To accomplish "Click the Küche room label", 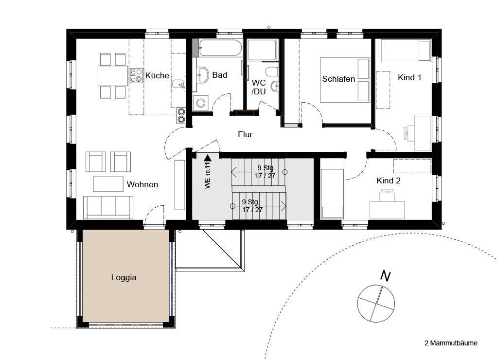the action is pos(157,75).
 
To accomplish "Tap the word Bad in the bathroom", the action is pos(220,75).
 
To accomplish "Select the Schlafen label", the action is pos(338,79).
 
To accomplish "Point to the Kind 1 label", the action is pos(409,77).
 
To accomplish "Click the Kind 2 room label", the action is pos(389,181).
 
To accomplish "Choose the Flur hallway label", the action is pos(245,134).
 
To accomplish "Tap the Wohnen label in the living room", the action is pos(142,184).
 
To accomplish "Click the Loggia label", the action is pos(124,277).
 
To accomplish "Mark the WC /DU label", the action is pos(259,87).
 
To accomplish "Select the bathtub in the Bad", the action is pos(220,48).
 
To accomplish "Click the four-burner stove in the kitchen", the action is pos(136,76).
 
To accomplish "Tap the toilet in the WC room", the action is pos(272,72).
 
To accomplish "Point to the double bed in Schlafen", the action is pos(345,80).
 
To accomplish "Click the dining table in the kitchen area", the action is pos(113,76).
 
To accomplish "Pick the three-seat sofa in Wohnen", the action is pos(108,207).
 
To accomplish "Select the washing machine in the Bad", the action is pos(200,103).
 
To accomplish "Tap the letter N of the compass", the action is pos(386,276).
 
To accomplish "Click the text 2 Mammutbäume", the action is pos(451,343).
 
